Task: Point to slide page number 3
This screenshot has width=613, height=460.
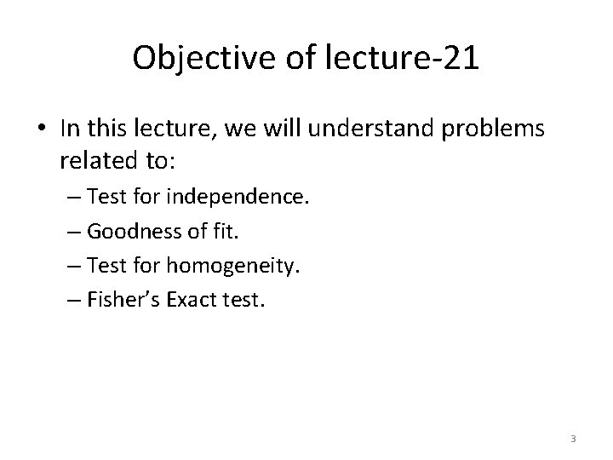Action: coord(573,439)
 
